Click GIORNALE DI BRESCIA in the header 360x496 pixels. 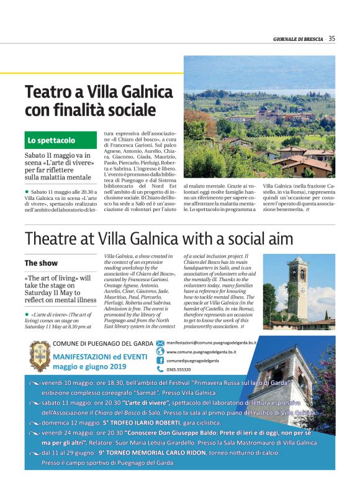(x=299, y=39)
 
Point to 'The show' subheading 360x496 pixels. (x=41, y=263)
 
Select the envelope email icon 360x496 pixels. (x=160, y=342)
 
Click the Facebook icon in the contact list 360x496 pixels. (x=160, y=360)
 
